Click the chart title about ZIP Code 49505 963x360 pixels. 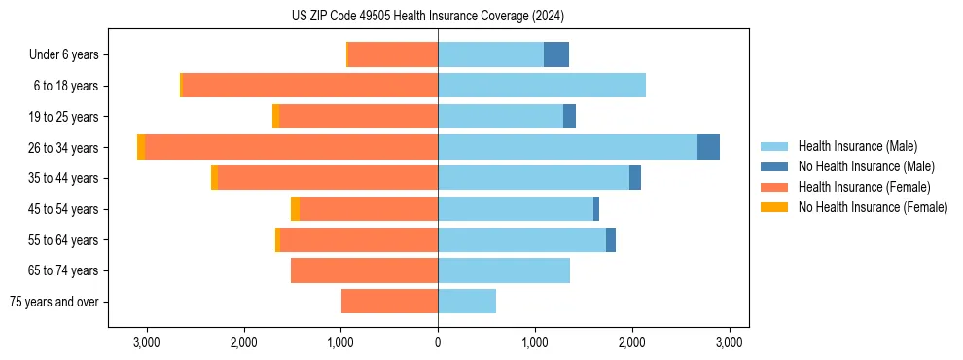(x=427, y=16)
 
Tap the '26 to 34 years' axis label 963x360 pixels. (x=65, y=148)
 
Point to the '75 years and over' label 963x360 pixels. (x=53, y=302)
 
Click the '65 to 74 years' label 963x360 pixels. (x=65, y=270)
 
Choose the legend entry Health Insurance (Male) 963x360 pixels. (x=857, y=146)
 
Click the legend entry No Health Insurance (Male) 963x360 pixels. (x=866, y=166)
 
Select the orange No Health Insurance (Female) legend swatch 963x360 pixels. (x=774, y=207)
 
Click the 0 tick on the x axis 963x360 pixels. (x=438, y=342)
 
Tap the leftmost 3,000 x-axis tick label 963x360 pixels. (x=146, y=342)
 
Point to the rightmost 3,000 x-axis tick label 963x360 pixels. (x=730, y=342)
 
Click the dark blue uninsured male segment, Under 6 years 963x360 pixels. (x=556, y=54)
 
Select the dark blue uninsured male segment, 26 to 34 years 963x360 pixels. (x=708, y=147)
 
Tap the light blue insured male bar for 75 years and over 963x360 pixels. (x=467, y=302)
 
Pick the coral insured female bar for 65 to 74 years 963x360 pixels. (x=364, y=270)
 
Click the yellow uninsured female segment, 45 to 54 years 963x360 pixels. (x=295, y=209)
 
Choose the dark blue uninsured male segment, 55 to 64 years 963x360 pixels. (x=611, y=240)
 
